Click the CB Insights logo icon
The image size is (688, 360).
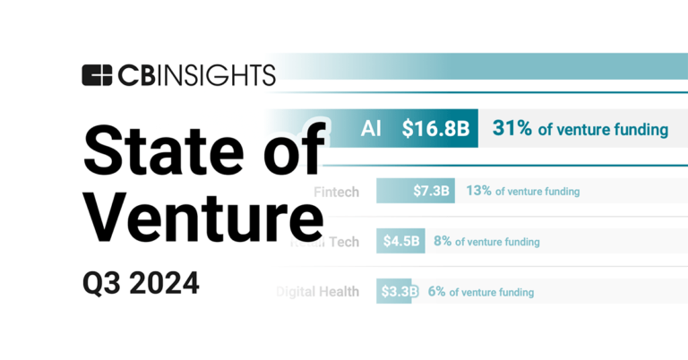[97, 75]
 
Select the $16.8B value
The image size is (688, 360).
[435, 129]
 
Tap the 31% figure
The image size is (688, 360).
[512, 129]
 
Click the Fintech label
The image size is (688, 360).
[337, 191]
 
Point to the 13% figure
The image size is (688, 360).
[479, 191]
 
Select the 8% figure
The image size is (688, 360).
[442, 241]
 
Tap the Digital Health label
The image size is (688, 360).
[318, 292]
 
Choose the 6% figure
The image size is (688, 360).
[436, 292]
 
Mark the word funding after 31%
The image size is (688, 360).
[638, 130]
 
